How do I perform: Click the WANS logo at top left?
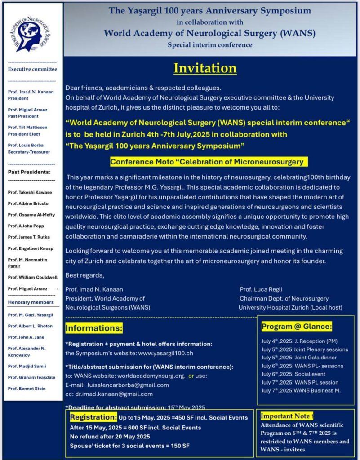click(x=32, y=33)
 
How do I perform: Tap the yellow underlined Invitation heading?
click(x=205, y=68)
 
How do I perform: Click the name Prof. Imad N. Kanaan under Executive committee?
click(x=30, y=92)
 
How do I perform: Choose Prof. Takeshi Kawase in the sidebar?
click(x=30, y=192)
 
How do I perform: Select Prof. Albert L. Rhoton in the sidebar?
click(x=30, y=326)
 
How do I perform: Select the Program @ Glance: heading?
click(x=297, y=327)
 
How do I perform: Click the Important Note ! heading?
click(x=287, y=416)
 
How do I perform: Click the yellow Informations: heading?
click(x=94, y=329)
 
